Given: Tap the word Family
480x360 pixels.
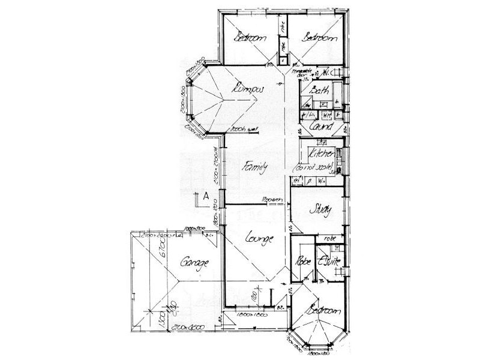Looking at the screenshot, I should click(x=254, y=168).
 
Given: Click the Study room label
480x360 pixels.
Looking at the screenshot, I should click(x=320, y=210).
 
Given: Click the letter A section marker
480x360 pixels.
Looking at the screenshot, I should click(x=205, y=195).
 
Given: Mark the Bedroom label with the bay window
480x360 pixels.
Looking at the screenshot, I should click(x=323, y=311).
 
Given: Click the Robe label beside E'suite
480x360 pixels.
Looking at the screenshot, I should click(x=301, y=262).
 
